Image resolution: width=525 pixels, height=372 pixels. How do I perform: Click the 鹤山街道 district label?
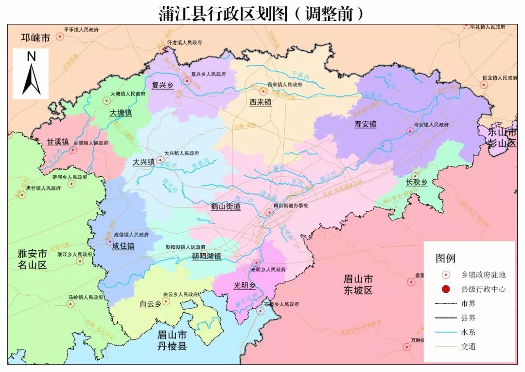click(x=226, y=206)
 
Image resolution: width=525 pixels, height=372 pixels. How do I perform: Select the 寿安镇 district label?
click(x=365, y=124)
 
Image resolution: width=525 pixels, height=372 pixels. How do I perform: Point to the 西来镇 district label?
click(x=261, y=102)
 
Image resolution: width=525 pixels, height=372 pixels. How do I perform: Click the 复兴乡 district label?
click(x=163, y=85)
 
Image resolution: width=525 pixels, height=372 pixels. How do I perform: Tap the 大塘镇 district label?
click(x=121, y=112)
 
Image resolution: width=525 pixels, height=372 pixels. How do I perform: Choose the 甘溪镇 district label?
click(x=58, y=142)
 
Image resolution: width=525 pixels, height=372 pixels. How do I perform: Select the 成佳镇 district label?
click(x=123, y=246)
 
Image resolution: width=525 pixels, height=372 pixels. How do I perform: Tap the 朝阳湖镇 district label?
click(x=206, y=256)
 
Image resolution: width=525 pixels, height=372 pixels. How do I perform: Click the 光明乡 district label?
click(x=245, y=285)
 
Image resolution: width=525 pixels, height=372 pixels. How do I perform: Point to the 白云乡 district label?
click(x=150, y=304)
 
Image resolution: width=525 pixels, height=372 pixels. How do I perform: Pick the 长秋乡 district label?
click(x=417, y=183)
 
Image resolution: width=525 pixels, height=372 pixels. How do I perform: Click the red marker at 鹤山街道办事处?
click(x=269, y=212)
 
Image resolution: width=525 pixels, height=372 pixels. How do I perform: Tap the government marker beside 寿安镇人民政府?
click(x=409, y=131)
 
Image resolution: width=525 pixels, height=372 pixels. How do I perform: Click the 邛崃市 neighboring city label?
click(x=35, y=38)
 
